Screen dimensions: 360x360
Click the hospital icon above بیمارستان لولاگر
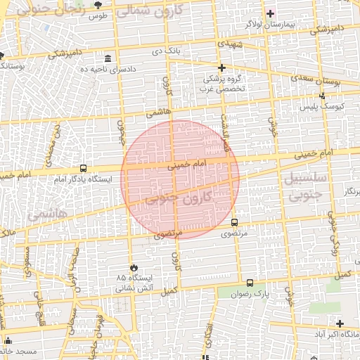coord(270,13)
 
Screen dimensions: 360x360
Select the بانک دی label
coord(167,51)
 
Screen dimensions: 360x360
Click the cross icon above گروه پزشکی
coord(221,68)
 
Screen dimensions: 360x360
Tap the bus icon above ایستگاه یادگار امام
coord(84,169)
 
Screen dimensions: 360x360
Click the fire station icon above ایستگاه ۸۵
coord(131,267)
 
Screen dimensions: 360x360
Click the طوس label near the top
coord(98,16)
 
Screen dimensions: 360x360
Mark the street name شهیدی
coord(230,44)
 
